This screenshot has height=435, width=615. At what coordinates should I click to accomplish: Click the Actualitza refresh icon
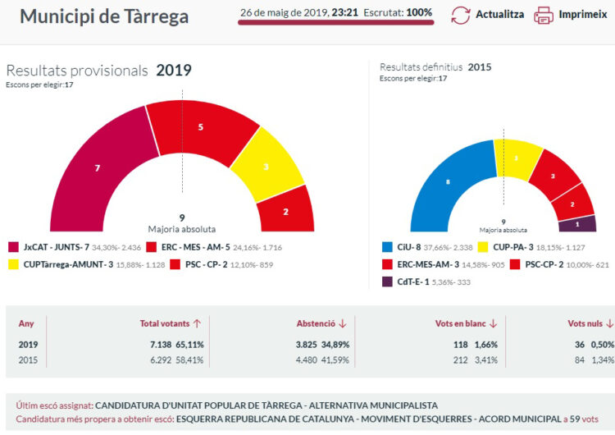[462, 15]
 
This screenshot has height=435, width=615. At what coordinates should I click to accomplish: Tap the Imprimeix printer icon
[544, 15]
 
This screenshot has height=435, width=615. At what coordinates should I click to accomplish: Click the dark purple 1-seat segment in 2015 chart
[577, 223]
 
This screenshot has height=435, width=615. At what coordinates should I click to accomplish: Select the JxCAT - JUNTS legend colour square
[14, 246]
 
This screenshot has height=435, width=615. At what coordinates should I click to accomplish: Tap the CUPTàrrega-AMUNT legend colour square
[14, 264]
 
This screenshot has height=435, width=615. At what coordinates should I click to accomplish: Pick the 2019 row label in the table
[29, 345]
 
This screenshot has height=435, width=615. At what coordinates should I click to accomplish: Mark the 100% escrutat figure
[419, 13]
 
